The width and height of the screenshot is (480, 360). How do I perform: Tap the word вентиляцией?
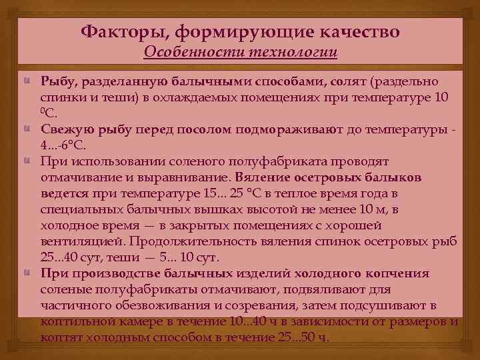84,242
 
